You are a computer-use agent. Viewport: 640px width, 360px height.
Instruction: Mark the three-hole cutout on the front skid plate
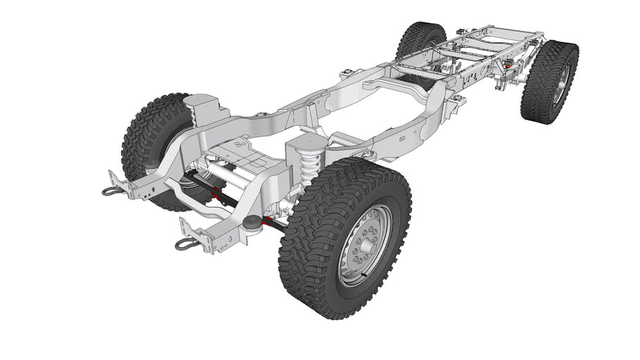tap(241, 144)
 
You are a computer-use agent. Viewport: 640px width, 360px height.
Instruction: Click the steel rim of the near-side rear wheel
tap(560, 84)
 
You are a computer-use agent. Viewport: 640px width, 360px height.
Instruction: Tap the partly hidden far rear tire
tap(420, 39)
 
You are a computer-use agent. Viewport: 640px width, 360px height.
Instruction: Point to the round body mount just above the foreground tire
tap(367, 154)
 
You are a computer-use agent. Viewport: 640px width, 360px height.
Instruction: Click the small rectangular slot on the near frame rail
tap(400, 139)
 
